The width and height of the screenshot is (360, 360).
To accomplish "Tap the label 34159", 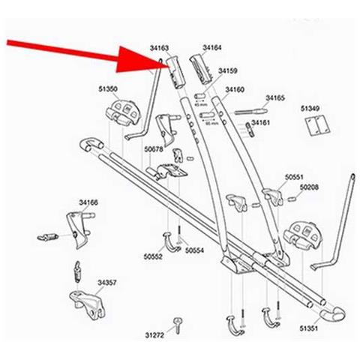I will tap(227, 72).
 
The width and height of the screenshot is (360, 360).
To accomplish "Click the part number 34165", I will tap(275, 98).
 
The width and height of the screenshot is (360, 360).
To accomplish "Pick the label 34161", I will tap(260, 122).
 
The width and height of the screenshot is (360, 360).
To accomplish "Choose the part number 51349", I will tap(311, 108).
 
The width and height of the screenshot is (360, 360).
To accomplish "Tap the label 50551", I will tap(294, 178).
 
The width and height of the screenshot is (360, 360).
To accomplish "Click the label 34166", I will tap(88, 202).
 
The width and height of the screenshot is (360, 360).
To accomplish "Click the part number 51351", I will tap(309, 328).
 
